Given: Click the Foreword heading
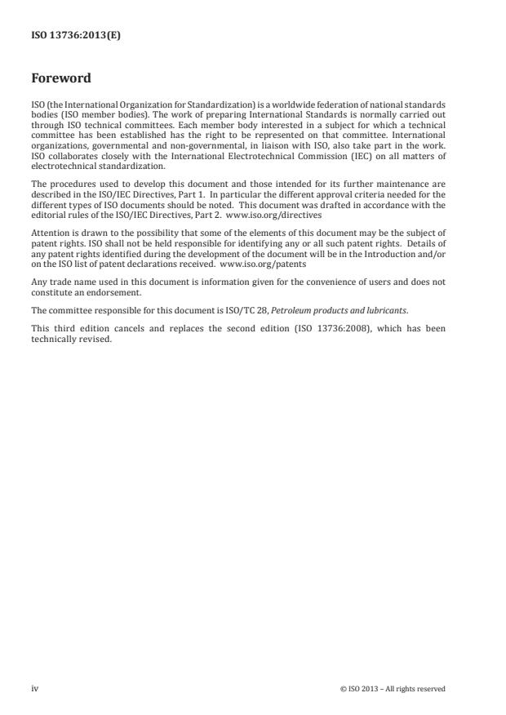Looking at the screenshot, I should pyautogui.click(x=60, y=79).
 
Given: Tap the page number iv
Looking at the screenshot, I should pyautogui.click(x=34, y=689).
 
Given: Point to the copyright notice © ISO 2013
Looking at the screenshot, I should pyautogui.click(x=393, y=689).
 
